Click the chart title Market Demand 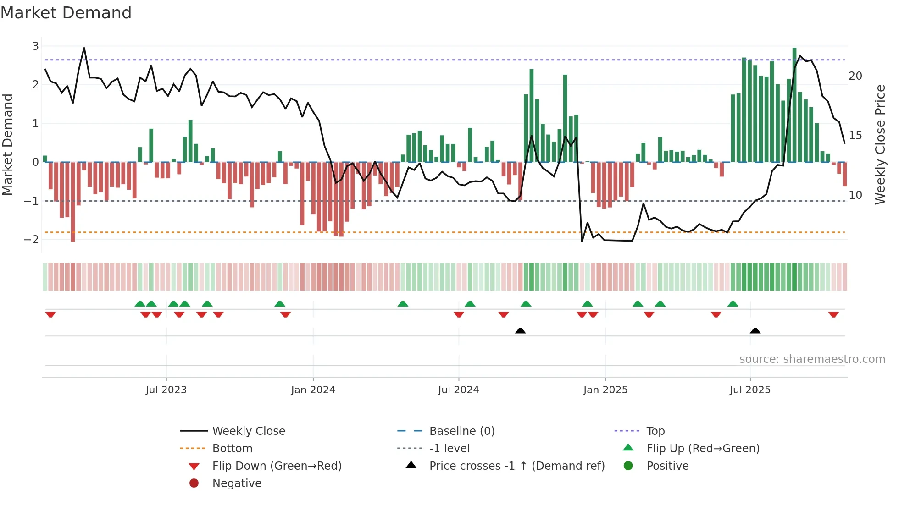[66, 13]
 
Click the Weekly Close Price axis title [880, 144]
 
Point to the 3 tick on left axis [35, 46]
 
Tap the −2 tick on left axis [32, 239]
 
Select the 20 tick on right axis [855, 76]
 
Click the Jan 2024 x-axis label [313, 390]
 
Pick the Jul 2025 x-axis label [750, 390]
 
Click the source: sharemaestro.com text [812, 359]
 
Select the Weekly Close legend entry [248, 431]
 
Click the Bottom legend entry [232, 449]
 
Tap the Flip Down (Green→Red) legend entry [277, 466]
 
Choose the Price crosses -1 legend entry [516, 466]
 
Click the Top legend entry [655, 431]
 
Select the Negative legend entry [237, 483]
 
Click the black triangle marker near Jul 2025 [755, 330]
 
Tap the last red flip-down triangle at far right [833, 314]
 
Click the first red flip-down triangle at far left [50, 314]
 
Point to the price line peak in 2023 [84, 48]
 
